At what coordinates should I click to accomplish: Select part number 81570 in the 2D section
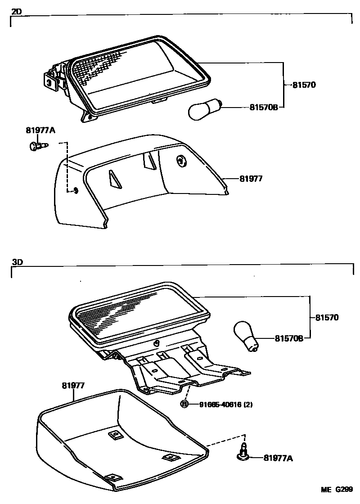pyautogui.click(x=304, y=84)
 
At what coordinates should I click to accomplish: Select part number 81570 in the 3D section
pyautogui.click(x=326, y=318)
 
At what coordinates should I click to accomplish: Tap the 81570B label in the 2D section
pyautogui.click(x=265, y=108)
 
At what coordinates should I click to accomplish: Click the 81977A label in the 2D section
pyautogui.click(x=40, y=130)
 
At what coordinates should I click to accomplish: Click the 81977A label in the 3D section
pyautogui.click(x=278, y=458)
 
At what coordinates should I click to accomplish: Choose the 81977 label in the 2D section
pyautogui.click(x=251, y=179)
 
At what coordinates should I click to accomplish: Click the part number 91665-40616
pyautogui.click(x=220, y=405)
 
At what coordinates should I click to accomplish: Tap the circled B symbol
pyautogui.click(x=184, y=404)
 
